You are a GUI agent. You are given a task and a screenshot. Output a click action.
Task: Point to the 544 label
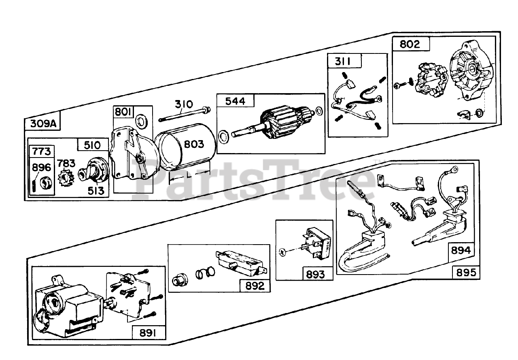point(235,101)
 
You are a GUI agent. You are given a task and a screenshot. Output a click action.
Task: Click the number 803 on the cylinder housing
point(194,145)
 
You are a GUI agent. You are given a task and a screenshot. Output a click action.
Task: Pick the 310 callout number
point(184,105)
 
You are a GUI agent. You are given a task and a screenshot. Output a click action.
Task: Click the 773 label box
point(41,151)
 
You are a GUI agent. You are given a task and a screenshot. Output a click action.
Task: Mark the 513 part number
point(96,191)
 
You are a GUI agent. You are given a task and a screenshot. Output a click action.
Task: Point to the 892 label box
point(255,286)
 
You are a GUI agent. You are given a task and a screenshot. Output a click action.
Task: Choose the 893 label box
point(315,274)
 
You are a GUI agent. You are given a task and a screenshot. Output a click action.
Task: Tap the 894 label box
point(461,250)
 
